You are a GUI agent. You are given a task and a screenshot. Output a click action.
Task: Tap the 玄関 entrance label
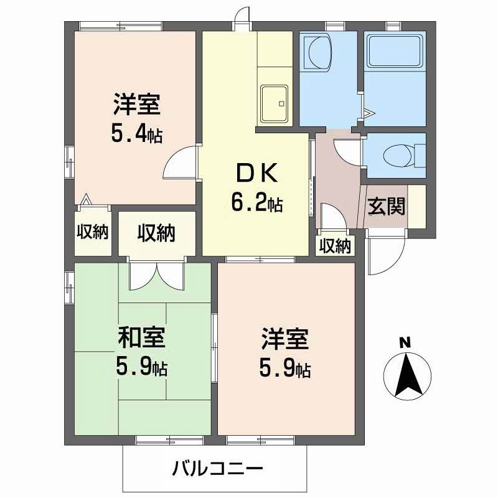point(387,206)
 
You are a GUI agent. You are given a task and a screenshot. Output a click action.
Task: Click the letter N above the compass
point(405,342)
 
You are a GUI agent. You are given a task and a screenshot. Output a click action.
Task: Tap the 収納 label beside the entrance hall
point(335,246)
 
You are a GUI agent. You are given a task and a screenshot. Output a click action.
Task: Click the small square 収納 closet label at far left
point(93,232)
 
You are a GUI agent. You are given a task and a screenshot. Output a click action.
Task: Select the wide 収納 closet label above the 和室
point(156,233)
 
